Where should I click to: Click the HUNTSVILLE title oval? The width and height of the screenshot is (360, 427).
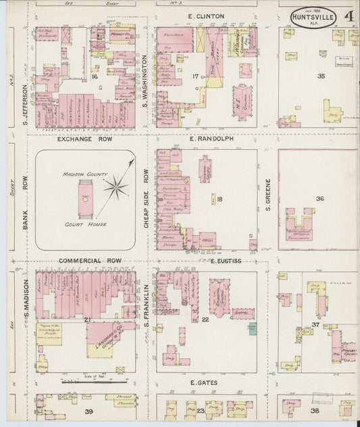315,17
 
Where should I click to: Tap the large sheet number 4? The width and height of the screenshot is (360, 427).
349,16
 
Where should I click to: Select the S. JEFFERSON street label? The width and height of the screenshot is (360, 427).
24,102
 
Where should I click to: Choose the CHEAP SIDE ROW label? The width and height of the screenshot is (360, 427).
145,198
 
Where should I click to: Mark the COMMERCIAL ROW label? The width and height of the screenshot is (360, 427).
89,260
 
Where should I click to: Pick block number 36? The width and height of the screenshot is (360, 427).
319,199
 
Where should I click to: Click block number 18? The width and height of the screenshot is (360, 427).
220,199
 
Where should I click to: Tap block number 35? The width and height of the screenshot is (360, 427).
321,76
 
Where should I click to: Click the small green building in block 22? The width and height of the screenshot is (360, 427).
252,328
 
